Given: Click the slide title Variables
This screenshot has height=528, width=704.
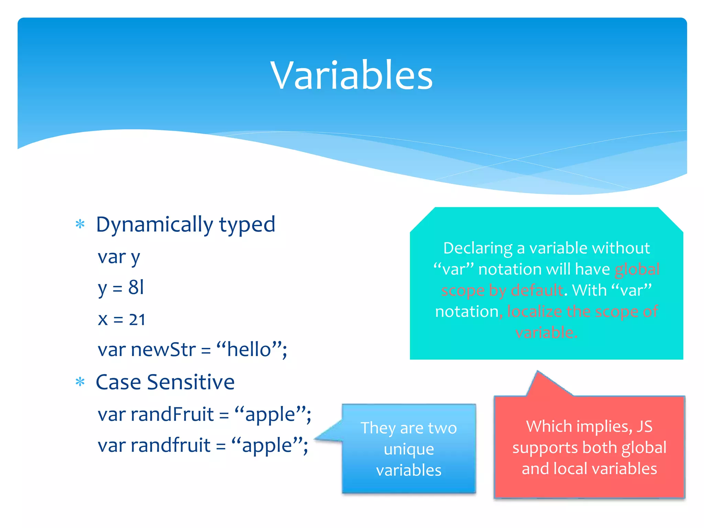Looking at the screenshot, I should click(x=351, y=75).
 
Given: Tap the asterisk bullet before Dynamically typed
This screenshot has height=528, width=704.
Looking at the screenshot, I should click(x=80, y=224).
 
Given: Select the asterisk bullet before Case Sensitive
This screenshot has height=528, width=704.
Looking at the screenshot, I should click(x=80, y=382).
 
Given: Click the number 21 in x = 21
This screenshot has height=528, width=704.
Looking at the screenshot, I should click(x=137, y=320).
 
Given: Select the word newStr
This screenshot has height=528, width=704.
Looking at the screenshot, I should click(x=163, y=350).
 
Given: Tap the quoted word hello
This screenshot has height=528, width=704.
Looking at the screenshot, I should click(x=249, y=350).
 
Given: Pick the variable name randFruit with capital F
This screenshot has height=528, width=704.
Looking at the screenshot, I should click(x=172, y=414).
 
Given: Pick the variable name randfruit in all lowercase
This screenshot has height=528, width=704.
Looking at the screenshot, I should click(x=170, y=445).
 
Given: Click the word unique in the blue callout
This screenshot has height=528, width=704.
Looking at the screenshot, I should click(x=409, y=449).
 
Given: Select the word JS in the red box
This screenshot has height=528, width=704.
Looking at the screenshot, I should click(x=645, y=427).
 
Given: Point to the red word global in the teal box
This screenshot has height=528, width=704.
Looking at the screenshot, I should click(x=637, y=269).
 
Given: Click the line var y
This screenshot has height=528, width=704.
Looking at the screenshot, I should click(x=119, y=257).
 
